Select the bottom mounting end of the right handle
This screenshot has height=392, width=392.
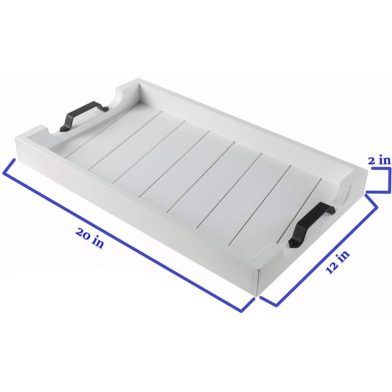pos(292,244)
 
